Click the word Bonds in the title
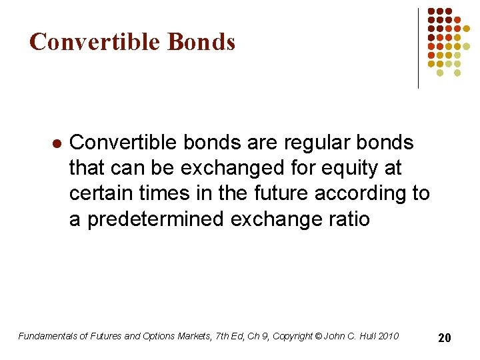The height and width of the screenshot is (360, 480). pos(201,42)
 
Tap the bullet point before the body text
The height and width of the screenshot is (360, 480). pos(57,143)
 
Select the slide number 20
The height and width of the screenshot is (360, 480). pos(444,338)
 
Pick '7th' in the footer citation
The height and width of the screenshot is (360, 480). pos(221,336)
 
